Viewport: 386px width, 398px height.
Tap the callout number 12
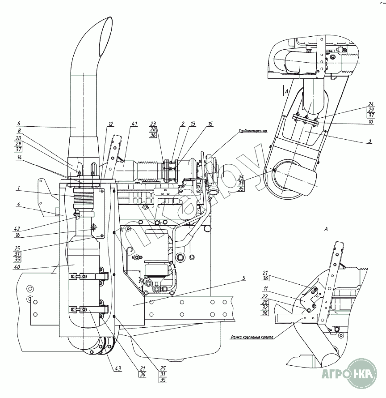tap(111, 124)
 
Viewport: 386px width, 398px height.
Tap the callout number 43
tap(118, 368)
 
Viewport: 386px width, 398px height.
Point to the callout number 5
tap(243, 278)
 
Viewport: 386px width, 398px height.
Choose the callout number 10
tap(370, 121)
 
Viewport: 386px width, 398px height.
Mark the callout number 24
tap(370, 104)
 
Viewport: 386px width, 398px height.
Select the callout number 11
tap(265, 288)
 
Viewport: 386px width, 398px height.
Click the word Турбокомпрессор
tap(252, 131)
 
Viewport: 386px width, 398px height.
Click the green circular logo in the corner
tap(363, 373)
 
